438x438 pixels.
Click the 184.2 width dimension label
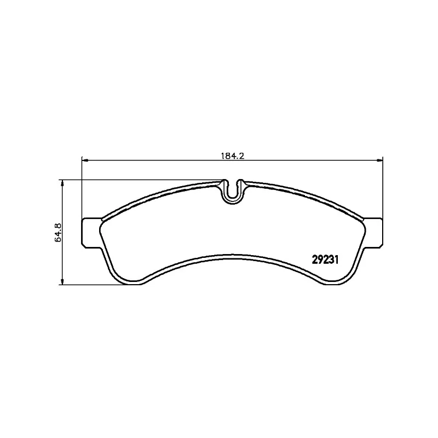pos(233,156)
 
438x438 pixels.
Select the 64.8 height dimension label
pos(59,232)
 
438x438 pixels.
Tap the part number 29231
pos(325,260)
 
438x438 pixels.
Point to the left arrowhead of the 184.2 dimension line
pos(85,160)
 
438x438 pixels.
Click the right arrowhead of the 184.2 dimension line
pos(379,160)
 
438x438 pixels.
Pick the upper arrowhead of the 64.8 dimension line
pos(62,183)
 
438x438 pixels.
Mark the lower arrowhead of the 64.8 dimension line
pos(62,281)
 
